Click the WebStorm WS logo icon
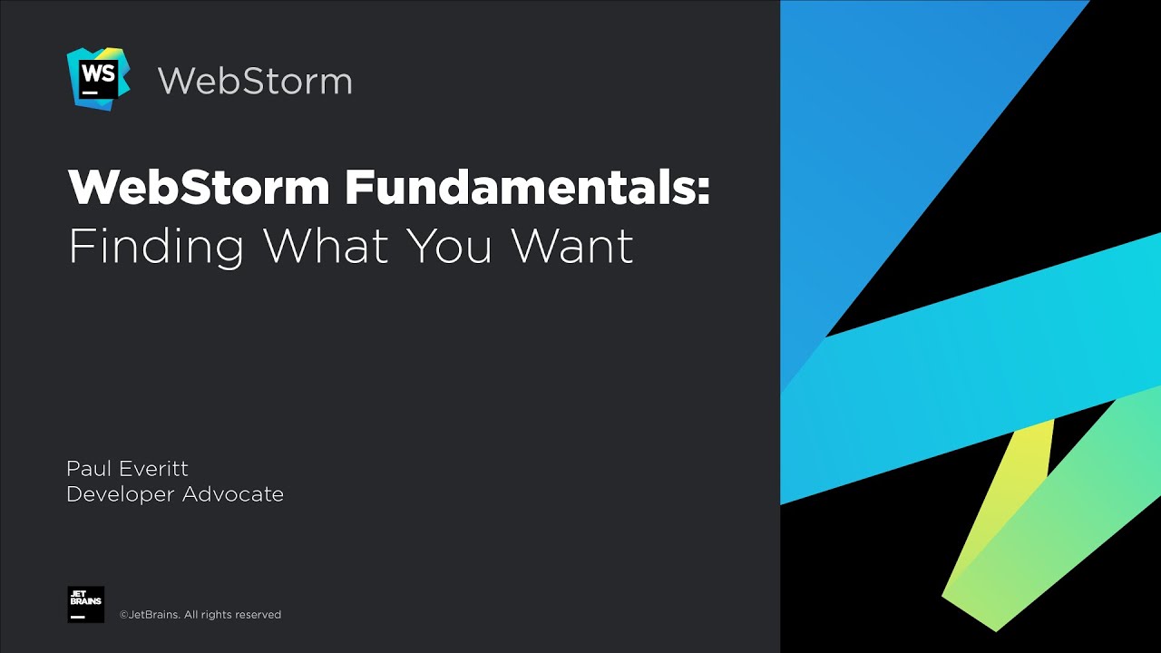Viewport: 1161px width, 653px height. pyautogui.click(x=98, y=79)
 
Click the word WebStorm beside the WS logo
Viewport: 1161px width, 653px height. pyautogui.click(x=255, y=81)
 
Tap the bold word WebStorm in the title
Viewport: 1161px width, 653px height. pyautogui.click(x=199, y=188)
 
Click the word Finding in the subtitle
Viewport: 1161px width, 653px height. pyautogui.click(x=156, y=246)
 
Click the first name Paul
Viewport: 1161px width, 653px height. pyautogui.click(x=88, y=468)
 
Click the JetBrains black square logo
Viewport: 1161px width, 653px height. pyautogui.click(x=85, y=604)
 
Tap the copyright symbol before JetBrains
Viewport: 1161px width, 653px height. pyautogui.click(x=124, y=615)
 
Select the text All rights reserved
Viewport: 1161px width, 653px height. pyautogui.click(x=233, y=615)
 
